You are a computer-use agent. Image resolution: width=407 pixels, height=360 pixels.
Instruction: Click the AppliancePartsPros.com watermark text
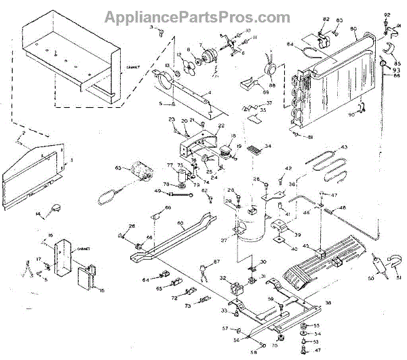pyautogui.click(x=203, y=14)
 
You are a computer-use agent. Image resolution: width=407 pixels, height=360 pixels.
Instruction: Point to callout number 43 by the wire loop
pyautogui.click(x=343, y=147)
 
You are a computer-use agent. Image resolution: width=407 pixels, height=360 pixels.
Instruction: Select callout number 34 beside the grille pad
pyautogui.click(x=268, y=146)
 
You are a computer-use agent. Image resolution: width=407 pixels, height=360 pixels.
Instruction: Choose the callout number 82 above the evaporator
pyautogui.click(x=326, y=19)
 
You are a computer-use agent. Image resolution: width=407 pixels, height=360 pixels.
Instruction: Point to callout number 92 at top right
pyautogui.click(x=387, y=15)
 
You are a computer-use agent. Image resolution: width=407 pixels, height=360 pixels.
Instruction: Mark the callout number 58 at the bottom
pyautogui.click(x=254, y=353)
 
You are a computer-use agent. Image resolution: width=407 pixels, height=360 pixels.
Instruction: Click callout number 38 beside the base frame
pyautogui.click(x=328, y=302)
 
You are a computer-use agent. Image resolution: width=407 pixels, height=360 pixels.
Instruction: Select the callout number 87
pyautogui.click(x=217, y=262)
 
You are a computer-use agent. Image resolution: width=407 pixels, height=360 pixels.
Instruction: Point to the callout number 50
pyautogui.click(x=370, y=278)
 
